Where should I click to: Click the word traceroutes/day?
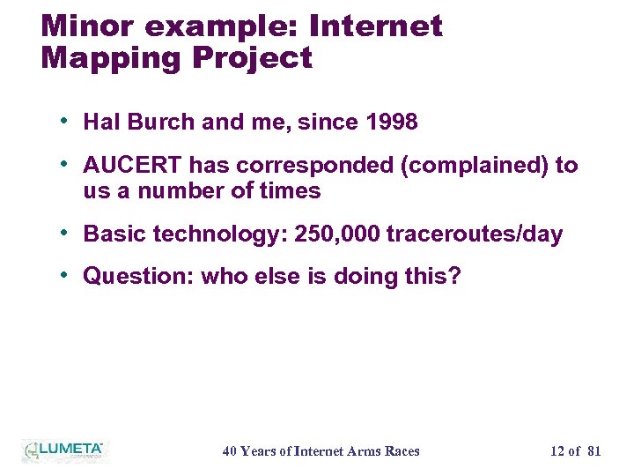pyautogui.click(x=475, y=235)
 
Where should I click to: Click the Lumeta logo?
pyautogui.click(x=63, y=450)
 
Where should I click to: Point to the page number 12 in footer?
pyautogui.click(x=557, y=451)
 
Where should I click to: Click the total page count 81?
pyautogui.click(x=593, y=451)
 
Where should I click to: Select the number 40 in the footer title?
pyautogui.click(x=230, y=451)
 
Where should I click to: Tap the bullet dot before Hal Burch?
pyautogui.click(x=66, y=121)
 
